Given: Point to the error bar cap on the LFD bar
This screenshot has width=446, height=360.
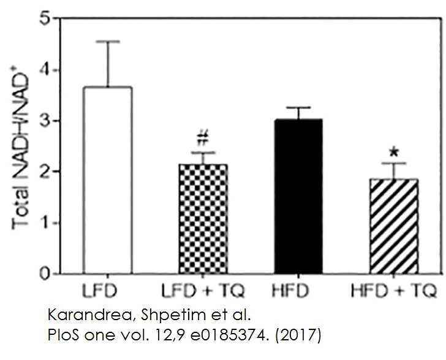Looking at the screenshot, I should (x=110, y=42).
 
